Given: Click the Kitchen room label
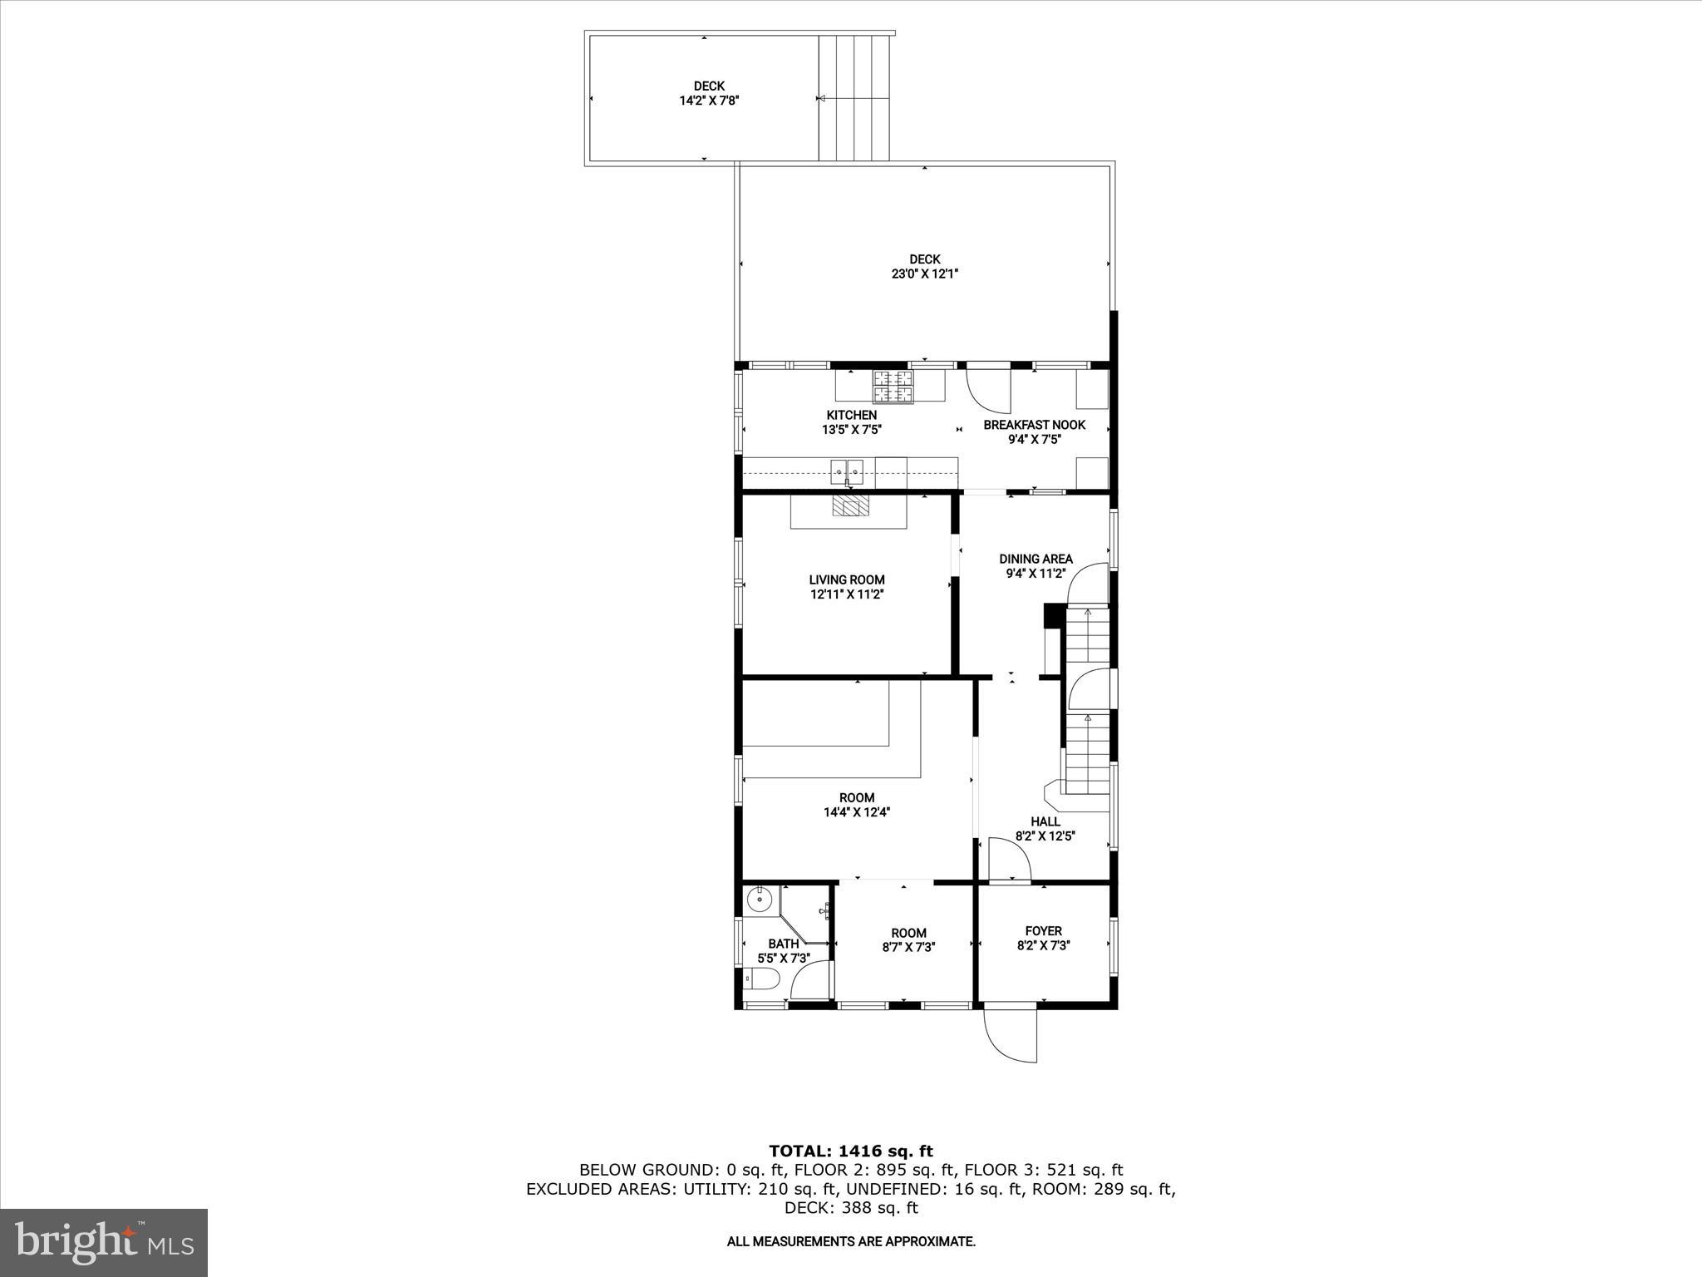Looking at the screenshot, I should (851, 415).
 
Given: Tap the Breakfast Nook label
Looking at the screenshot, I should (1034, 425).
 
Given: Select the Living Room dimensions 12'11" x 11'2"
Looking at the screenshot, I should (847, 594).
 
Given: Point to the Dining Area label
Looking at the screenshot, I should (1035, 559).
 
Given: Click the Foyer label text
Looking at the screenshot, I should (1043, 931).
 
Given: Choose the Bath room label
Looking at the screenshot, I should (783, 944).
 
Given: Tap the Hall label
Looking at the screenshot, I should (1045, 821).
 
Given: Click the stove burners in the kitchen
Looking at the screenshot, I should (893, 385).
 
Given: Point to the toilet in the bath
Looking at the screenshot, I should (760, 981).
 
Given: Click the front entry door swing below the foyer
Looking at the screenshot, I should (1009, 1035).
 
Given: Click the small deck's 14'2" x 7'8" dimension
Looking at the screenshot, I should (709, 101).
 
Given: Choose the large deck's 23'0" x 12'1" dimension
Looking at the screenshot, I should (925, 274).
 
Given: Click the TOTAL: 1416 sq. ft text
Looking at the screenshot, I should (851, 1151).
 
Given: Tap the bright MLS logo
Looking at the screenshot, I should (104, 1242).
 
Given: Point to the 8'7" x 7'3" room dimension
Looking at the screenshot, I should (908, 946).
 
